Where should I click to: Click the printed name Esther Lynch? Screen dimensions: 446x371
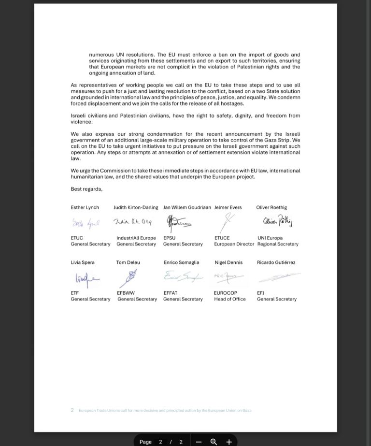(x=85, y=207)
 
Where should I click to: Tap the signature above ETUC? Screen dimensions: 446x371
(x=86, y=223)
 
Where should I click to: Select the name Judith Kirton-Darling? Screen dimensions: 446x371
(x=136, y=207)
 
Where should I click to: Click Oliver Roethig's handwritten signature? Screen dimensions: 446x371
(x=277, y=221)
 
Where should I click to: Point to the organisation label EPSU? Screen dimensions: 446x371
(x=170, y=238)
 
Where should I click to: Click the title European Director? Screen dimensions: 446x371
(x=234, y=244)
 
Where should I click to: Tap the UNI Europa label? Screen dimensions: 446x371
(x=270, y=238)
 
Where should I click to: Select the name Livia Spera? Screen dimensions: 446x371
(x=83, y=262)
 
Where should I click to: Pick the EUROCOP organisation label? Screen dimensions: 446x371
(x=226, y=293)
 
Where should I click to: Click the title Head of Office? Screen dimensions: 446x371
(x=230, y=299)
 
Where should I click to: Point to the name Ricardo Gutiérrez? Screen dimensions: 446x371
(x=276, y=262)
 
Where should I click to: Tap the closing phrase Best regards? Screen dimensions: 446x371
(x=86, y=189)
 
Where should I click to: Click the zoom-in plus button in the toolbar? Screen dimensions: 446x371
(x=229, y=442)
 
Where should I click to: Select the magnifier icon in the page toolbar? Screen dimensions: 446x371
(x=214, y=442)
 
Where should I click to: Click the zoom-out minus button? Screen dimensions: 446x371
(x=199, y=442)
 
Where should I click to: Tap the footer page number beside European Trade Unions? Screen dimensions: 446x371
(x=72, y=410)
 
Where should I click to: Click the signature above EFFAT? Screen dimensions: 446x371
(x=182, y=277)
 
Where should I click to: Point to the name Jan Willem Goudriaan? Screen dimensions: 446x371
(x=187, y=207)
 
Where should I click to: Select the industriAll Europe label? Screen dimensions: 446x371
(x=136, y=238)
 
